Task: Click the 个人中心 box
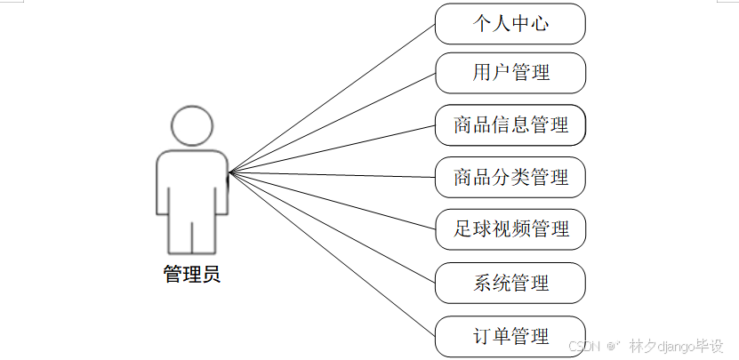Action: (x=510, y=23)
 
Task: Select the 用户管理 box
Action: (x=510, y=73)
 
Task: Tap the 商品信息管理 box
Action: (x=510, y=125)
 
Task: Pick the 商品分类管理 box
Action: (x=510, y=177)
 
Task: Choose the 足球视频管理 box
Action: (x=510, y=229)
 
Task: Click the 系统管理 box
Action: (x=510, y=284)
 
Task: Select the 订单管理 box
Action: (x=510, y=337)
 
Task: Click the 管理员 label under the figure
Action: (x=191, y=275)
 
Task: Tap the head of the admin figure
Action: (x=192, y=125)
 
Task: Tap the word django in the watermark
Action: (x=674, y=345)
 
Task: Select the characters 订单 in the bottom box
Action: (x=492, y=337)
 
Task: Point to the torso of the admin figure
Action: (x=192, y=182)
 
